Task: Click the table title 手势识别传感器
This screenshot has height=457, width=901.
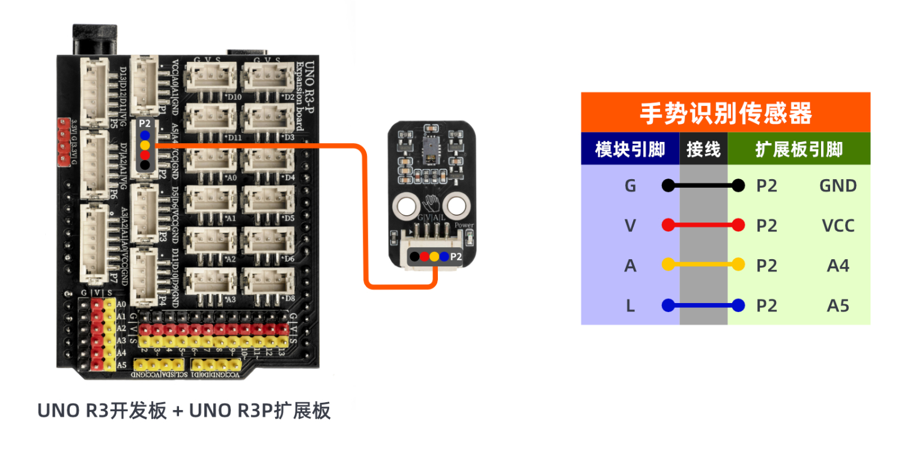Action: click(726, 112)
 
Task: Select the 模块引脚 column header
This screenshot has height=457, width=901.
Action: click(629, 149)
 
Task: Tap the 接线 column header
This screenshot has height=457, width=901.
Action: click(703, 149)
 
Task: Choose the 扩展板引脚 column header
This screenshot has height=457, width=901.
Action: click(799, 149)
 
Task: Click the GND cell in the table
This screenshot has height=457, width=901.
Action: click(838, 186)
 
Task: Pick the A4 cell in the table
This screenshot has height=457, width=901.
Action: click(838, 265)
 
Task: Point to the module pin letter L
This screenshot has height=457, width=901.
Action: click(630, 305)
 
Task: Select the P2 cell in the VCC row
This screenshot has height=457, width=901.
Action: click(766, 225)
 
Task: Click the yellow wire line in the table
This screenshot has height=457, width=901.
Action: click(703, 265)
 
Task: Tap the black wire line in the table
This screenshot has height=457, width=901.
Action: click(703, 186)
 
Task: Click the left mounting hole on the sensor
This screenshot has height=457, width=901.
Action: click(405, 207)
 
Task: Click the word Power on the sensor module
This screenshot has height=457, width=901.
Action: click(464, 225)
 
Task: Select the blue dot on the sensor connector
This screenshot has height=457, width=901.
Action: click(444, 257)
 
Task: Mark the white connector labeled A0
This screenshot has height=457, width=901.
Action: click(210, 161)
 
